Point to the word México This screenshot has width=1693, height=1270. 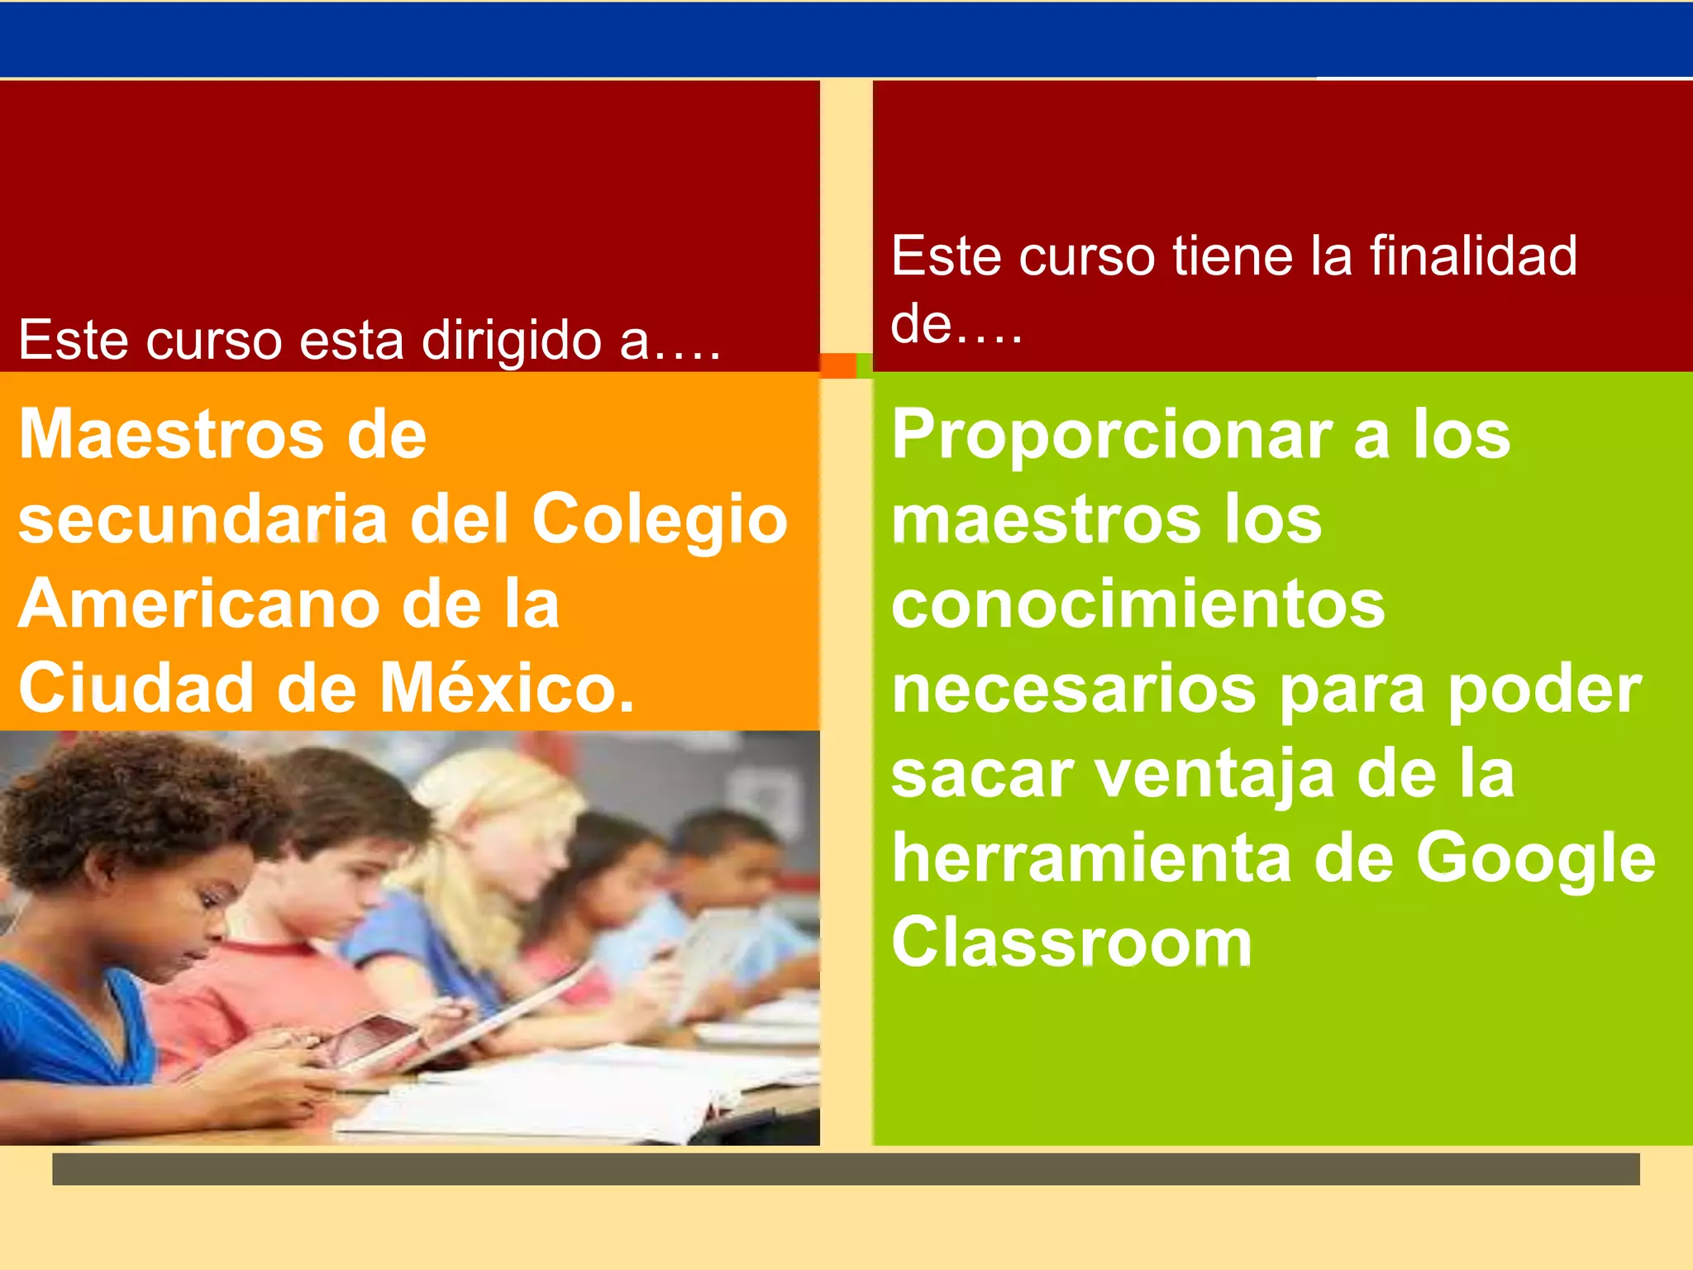(507, 689)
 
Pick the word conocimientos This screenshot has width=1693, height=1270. (1137, 604)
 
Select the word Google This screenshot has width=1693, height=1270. (1535, 860)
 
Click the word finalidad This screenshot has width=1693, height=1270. (1473, 255)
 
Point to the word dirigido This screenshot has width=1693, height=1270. (511, 341)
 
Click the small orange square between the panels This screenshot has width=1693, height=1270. (837, 365)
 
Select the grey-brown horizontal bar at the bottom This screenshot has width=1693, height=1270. (846, 1169)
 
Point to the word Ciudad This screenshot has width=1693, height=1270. (136, 689)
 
